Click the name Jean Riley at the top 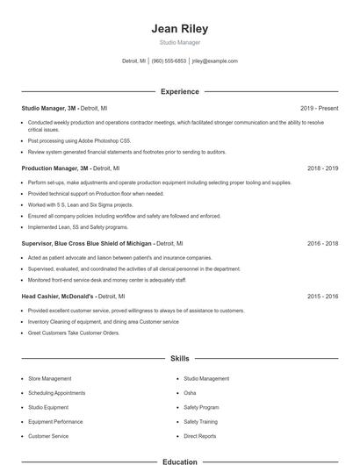click(179, 28)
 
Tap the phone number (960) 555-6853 click(169, 61)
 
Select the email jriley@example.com click(215, 61)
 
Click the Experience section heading click(179, 91)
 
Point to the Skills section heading click(179, 359)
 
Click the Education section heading click(179, 461)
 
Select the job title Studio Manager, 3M click(49, 108)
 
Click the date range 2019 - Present click(319, 108)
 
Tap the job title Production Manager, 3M click(55, 168)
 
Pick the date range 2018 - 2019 click(322, 168)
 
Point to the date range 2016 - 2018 click(322, 243)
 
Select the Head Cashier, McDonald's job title click(58, 297)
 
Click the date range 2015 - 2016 click(322, 297)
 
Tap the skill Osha click(190, 393)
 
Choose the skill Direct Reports click(199, 436)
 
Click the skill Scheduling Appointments click(56, 393)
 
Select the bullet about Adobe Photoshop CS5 click(79, 139)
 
